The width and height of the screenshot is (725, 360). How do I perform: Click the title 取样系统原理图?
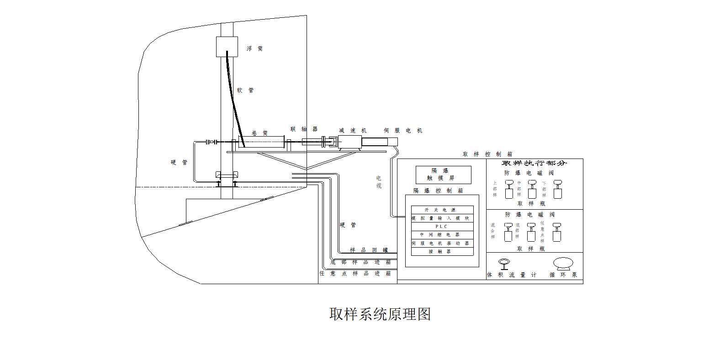point(380,314)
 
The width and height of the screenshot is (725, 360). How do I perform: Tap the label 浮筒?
point(254,48)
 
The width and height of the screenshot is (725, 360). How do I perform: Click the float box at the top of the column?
point(227,47)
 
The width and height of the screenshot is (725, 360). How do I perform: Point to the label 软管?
point(245,90)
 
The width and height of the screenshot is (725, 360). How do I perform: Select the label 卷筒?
point(259,133)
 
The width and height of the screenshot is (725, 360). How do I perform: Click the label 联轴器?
point(304,129)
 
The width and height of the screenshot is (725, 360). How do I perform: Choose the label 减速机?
point(352,131)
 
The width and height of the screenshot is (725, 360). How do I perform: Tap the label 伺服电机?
point(403,131)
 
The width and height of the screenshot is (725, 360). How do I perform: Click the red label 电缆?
point(379,182)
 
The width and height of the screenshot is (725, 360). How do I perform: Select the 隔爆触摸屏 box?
point(443,175)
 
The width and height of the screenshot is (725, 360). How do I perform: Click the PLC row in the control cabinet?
point(442,227)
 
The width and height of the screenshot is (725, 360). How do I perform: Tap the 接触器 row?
point(442,252)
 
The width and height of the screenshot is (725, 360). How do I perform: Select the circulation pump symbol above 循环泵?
point(563,264)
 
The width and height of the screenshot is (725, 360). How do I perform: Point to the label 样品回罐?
point(369,250)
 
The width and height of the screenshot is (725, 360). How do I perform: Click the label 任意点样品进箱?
point(355,274)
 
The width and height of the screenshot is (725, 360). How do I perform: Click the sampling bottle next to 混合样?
point(508,233)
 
